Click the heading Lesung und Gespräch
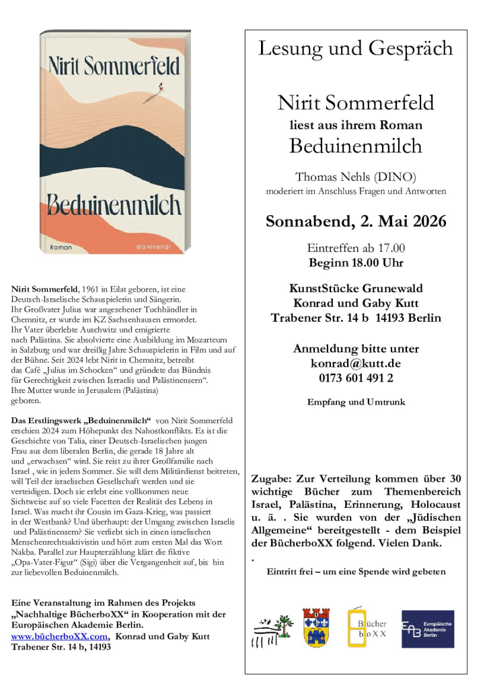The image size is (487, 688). click(x=356, y=48)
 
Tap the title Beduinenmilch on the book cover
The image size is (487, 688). click(x=114, y=204)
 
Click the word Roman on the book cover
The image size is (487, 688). click(x=62, y=248)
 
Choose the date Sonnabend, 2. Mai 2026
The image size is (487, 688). click(x=356, y=221)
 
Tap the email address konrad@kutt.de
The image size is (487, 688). click(x=356, y=363)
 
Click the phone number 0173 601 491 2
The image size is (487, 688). click(x=356, y=378)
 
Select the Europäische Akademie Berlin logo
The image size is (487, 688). click(x=427, y=629)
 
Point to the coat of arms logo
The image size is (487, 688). click(x=317, y=629)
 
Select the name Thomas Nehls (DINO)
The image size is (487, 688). click(x=356, y=177)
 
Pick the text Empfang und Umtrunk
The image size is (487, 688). click(x=356, y=402)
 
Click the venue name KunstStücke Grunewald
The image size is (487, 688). click(x=356, y=288)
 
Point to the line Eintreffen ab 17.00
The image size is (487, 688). click(x=356, y=248)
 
